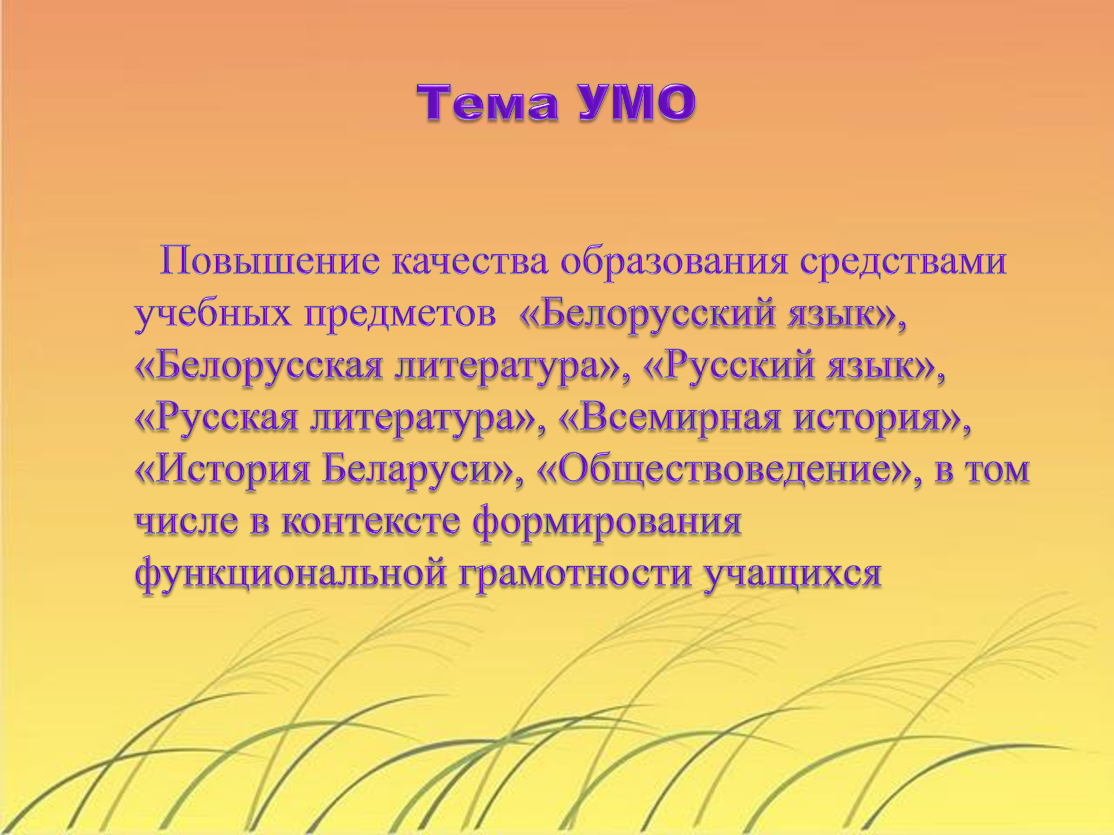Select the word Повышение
click(270, 261)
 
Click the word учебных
click(213, 313)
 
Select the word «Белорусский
click(647, 313)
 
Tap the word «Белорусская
click(259, 365)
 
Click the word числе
click(187, 522)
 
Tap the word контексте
click(371, 522)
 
